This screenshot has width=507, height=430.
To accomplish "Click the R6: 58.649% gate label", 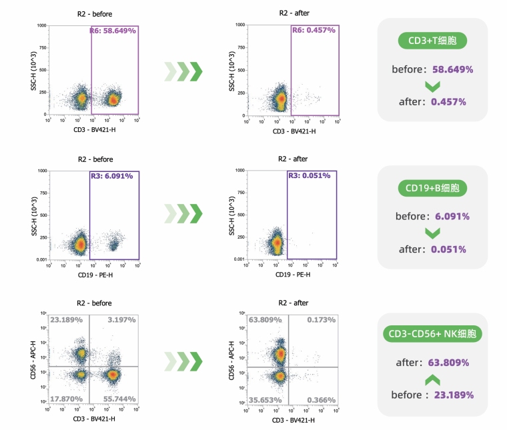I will coord(113,31).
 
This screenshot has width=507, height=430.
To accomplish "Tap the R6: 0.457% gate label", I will coord(314,31).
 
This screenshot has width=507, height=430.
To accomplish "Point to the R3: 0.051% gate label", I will coord(312,176).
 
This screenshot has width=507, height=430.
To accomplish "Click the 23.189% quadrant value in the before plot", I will coord(66,321).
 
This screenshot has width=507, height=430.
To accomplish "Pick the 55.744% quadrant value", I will coord(119,398).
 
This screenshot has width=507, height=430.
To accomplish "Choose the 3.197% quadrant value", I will coord(121,321).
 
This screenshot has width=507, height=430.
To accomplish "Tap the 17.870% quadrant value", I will coord(66,398).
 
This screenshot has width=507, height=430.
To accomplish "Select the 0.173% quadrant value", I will coord(322,321).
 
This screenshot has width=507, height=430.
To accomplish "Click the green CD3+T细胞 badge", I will coord(432,41).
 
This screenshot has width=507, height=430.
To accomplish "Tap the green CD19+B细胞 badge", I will coord(432,189).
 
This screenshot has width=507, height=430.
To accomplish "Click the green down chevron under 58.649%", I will coord(432,86).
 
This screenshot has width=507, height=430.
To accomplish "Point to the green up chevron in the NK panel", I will coord(432,379).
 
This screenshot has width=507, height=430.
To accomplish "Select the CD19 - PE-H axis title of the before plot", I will coord(93,275).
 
